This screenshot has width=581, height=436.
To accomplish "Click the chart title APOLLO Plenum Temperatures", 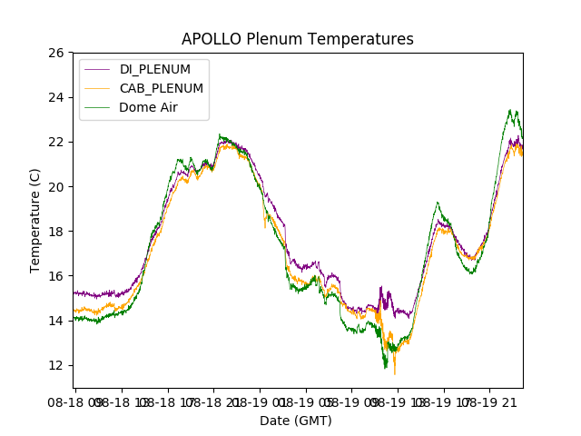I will point(297,39).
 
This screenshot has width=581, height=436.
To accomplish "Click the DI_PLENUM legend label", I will point(155,69).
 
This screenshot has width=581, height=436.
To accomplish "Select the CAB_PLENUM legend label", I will point(161,88).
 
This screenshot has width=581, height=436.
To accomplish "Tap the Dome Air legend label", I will point(150,107).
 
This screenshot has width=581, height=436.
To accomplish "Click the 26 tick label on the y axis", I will point(56,53).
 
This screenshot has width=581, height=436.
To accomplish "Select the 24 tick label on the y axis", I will point(56,97).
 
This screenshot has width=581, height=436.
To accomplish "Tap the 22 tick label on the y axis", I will point(56,142).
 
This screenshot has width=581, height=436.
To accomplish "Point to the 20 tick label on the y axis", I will point(56,186).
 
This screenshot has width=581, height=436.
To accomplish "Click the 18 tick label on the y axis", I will point(56,231).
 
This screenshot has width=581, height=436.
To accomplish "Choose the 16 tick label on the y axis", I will point(56,276).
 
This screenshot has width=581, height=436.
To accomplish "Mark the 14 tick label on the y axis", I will point(56,321).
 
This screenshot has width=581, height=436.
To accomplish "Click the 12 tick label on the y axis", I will point(56,365).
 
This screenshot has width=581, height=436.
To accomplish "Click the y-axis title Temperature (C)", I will point(35,220).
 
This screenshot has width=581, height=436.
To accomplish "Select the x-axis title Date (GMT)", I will point(296,421).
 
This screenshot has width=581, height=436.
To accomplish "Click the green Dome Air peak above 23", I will point(511,111).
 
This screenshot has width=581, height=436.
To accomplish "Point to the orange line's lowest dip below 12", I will point(394,373).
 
